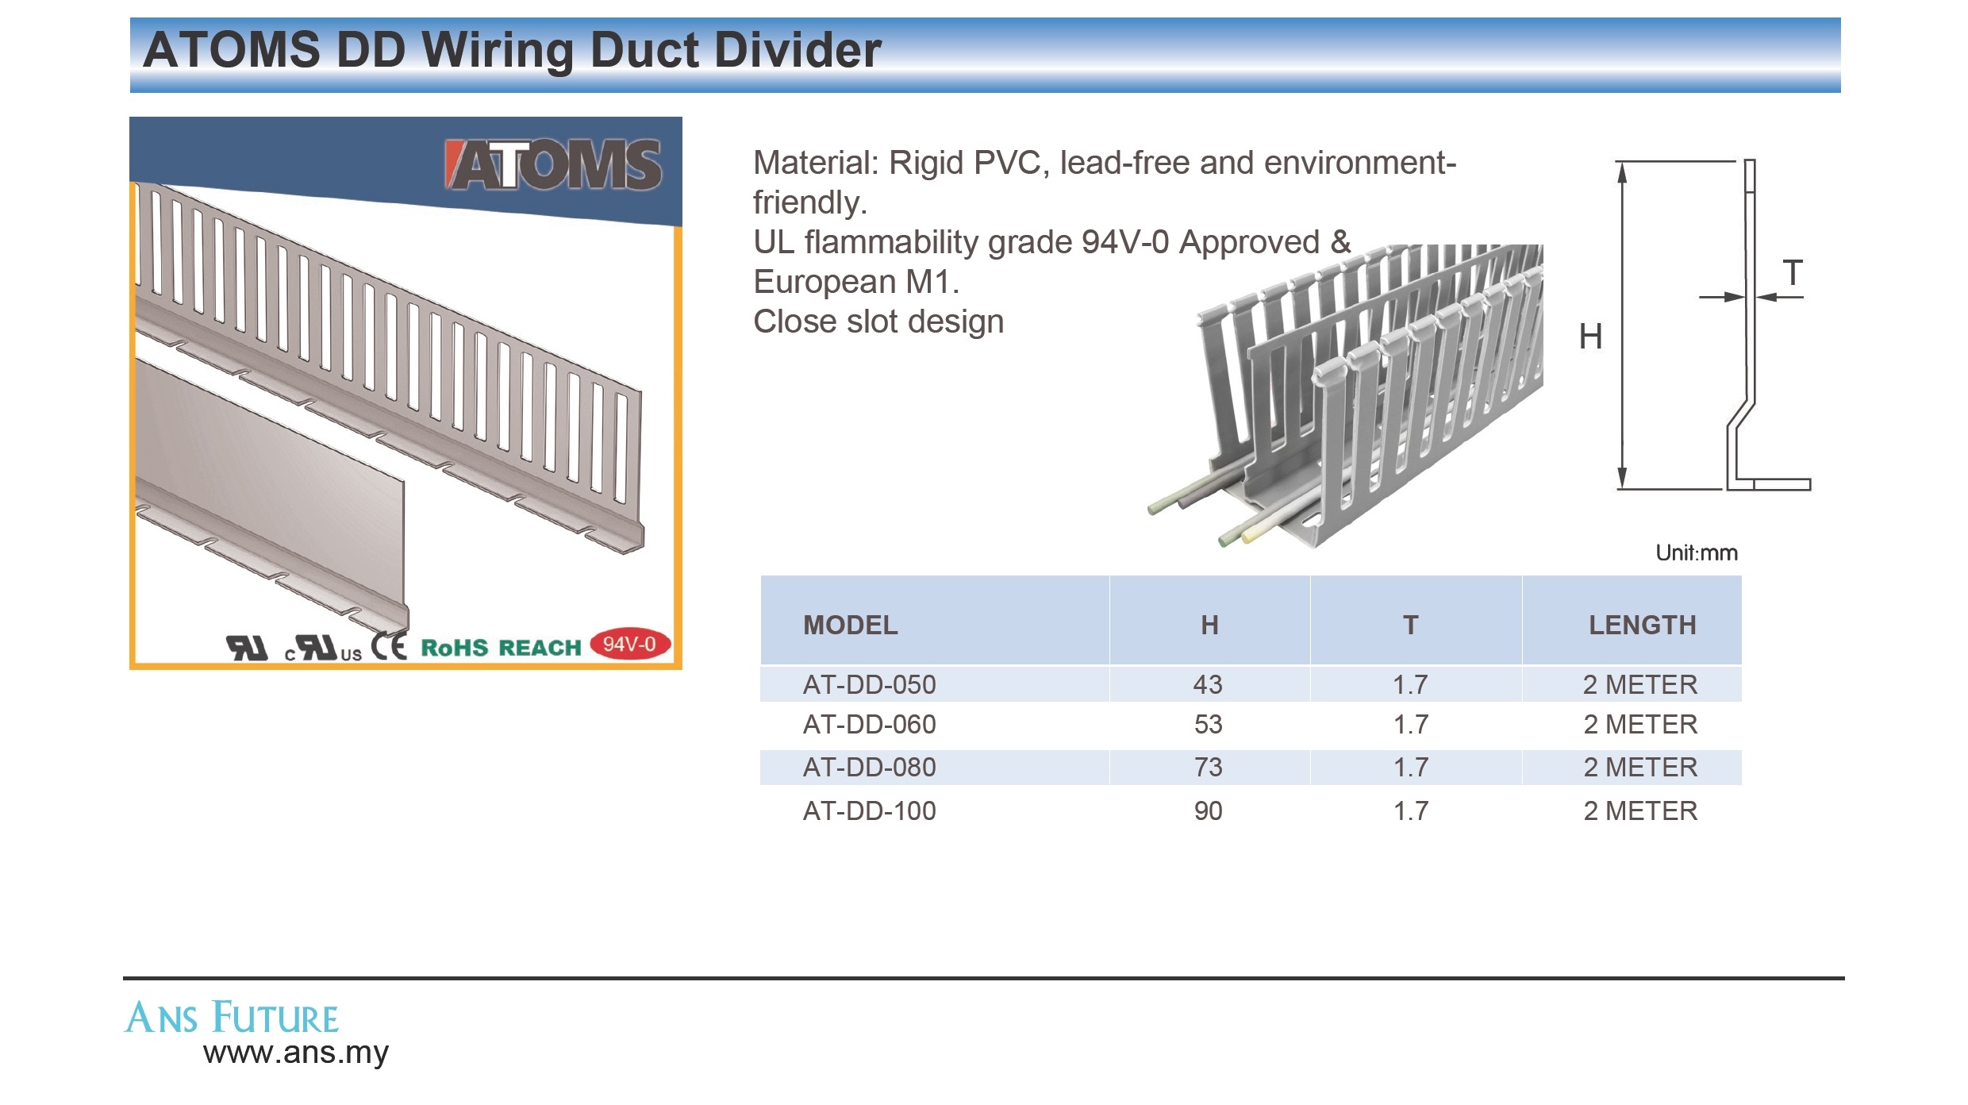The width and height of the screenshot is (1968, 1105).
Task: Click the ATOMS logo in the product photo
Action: (x=552, y=165)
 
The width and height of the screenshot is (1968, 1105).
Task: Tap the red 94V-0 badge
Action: (x=630, y=644)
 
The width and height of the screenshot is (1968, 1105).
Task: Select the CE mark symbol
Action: (x=389, y=646)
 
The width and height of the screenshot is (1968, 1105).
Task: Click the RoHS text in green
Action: (x=454, y=648)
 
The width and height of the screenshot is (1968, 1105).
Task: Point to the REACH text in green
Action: (x=540, y=648)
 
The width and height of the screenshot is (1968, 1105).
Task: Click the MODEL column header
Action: (x=850, y=626)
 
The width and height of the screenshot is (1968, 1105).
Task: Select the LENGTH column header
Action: (x=1642, y=626)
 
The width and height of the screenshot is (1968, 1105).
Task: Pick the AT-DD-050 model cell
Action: (x=869, y=684)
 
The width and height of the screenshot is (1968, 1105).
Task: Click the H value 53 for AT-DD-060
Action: (x=1208, y=724)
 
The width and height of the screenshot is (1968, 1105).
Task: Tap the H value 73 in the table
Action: (x=1208, y=767)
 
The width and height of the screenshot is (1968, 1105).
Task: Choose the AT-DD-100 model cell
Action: (x=869, y=810)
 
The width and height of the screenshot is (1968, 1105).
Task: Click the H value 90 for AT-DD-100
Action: (x=1208, y=810)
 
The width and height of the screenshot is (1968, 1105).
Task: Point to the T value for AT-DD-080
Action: (x=1411, y=767)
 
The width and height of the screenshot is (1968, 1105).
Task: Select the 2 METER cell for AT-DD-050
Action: (x=1640, y=684)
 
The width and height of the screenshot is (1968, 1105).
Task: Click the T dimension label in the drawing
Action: (x=1793, y=273)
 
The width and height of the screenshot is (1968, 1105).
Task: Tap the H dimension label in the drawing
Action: (x=1590, y=337)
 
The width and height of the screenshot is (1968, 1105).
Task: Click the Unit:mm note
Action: (x=1697, y=552)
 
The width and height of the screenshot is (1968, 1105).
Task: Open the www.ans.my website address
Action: (x=295, y=1053)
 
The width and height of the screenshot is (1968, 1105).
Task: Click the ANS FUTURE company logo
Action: (x=232, y=1018)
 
